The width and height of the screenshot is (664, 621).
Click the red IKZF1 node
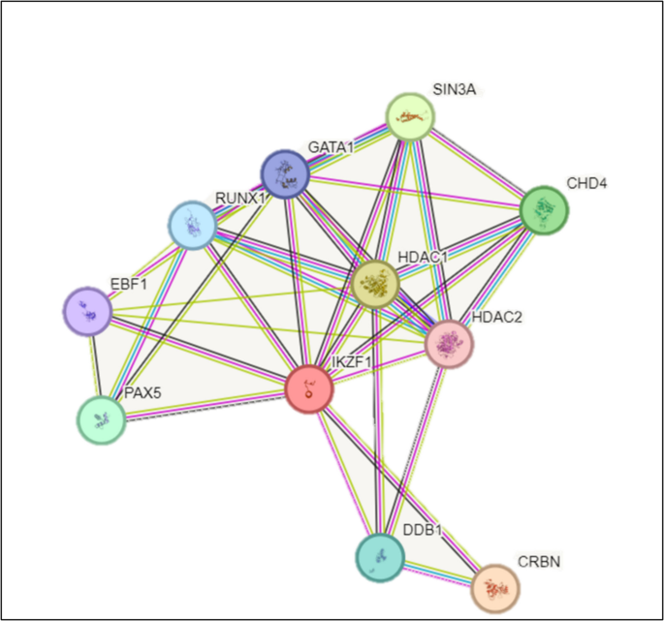click(309, 389)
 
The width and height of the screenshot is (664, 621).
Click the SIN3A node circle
click(410, 117)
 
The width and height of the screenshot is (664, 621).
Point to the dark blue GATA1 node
click(286, 174)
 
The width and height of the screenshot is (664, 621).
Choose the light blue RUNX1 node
click(192, 226)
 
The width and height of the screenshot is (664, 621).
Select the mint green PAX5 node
click(102, 420)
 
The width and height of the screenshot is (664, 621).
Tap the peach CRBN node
click(494, 587)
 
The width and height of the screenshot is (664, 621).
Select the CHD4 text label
click(587, 183)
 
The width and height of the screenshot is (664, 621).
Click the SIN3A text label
click(453, 90)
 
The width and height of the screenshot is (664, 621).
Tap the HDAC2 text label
click(497, 318)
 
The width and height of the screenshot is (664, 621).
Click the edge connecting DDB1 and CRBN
click(437, 573)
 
